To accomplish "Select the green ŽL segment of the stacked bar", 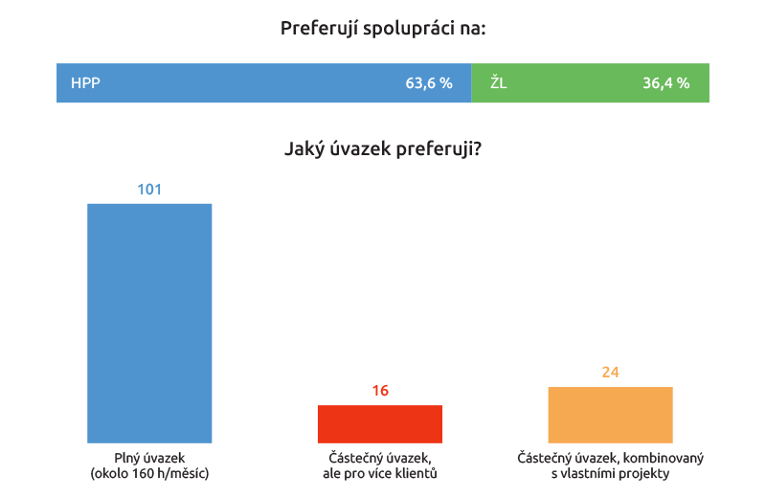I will pos(574,83).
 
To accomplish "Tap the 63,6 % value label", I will pos(428,83).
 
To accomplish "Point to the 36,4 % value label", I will pos(665,83).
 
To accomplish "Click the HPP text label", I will pos(85,83).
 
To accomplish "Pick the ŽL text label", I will pos(499,83).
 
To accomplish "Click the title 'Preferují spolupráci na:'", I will pos(383,29).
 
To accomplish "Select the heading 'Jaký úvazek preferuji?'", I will pos(383,149).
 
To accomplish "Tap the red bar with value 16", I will pos(380,423).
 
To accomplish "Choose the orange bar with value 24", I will pos(610,414).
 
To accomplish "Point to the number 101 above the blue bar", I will pos(149,190).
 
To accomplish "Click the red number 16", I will pos(380,391).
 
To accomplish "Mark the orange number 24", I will pos(610,373).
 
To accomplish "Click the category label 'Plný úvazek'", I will pos(149,458).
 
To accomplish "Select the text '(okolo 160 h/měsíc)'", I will pos(149,473).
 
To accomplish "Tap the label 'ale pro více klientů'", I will pos(380,473).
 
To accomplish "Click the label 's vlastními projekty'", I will pos(610,473).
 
